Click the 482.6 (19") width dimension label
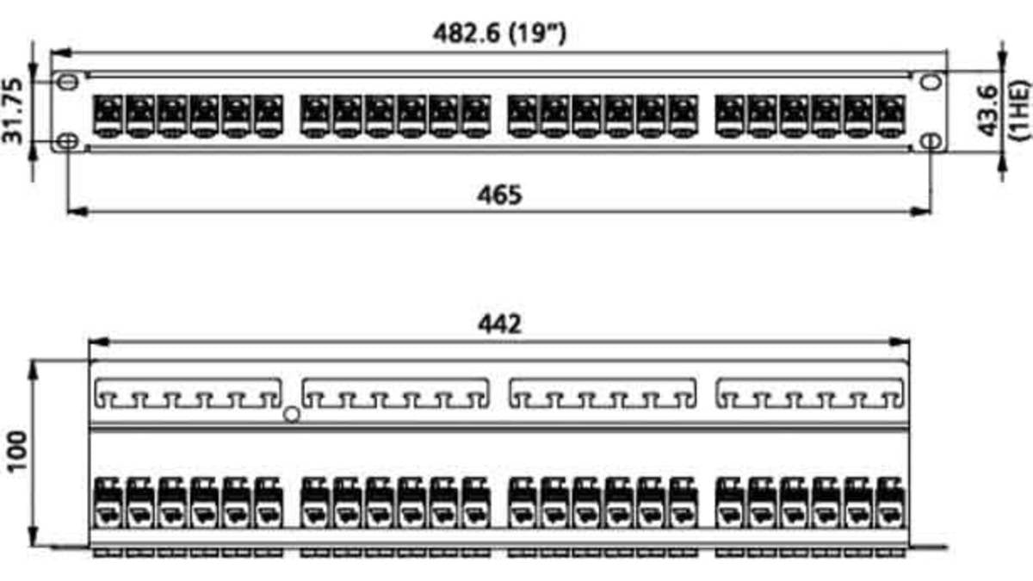point(499,34)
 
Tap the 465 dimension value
point(499,195)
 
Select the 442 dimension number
point(499,324)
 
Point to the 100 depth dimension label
point(17,451)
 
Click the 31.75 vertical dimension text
point(12,111)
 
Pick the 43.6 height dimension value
point(988,111)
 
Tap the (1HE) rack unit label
point(1018,110)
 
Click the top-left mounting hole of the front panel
point(68,82)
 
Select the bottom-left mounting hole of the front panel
point(68,141)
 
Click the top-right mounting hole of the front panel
point(931,82)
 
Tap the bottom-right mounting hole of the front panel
point(931,141)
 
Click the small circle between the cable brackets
point(292,415)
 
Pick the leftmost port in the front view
point(108,116)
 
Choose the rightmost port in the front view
point(890,116)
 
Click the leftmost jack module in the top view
point(108,503)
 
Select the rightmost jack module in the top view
point(890,503)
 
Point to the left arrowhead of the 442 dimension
point(98,343)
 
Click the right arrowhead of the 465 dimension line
point(920,212)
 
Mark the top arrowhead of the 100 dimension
point(33,370)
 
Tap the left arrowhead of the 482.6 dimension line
point(61,53)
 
